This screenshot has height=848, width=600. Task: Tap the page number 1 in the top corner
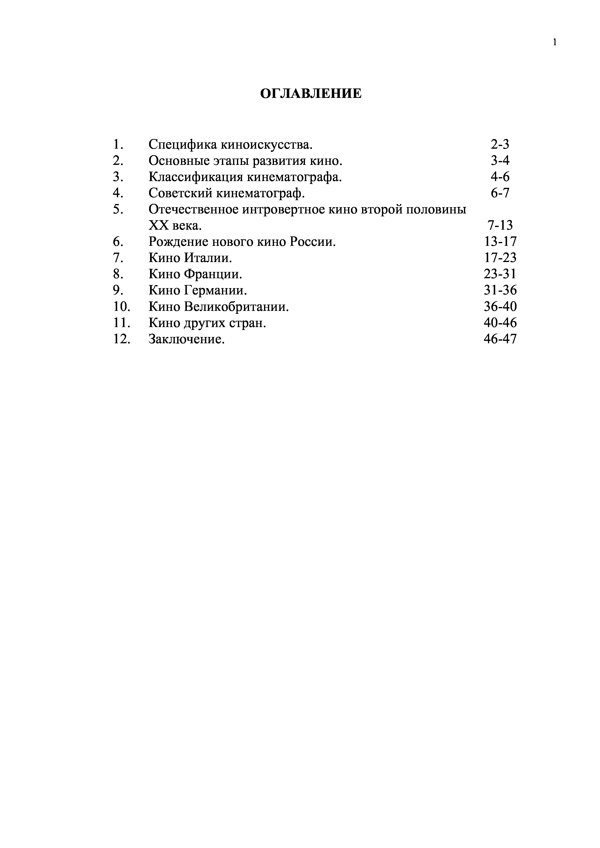click(x=554, y=43)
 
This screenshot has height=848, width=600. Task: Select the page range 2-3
click(x=500, y=144)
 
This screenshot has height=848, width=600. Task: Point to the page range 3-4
click(x=500, y=161)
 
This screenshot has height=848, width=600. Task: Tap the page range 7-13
click(x=500, y=225)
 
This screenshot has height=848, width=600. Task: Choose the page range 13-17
click(x=500, y=242)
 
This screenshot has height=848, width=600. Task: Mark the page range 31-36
click(x=500, y=290)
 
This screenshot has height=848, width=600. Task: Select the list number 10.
click(x=122, y=307)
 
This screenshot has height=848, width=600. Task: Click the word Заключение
click(x=187, y=339)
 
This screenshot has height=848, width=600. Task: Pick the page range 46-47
click(x=500, y=339)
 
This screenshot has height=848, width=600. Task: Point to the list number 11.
click(x=122, y=323)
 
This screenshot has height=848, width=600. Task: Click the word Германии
click(x=215, y=290)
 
